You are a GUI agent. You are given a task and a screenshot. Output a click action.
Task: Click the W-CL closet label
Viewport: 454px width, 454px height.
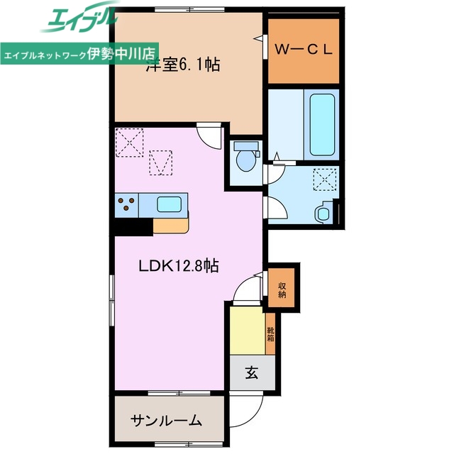(x=303, y=51)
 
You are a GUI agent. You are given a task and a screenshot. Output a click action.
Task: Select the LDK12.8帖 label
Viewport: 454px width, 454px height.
(x=178, y=266)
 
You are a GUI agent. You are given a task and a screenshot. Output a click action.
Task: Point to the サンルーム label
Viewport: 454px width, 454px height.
(x=166, y=420)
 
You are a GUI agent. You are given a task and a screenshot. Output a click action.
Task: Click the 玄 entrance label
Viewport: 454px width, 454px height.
(x=252, y=372)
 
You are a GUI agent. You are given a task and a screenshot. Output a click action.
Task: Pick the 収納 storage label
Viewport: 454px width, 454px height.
(x=282, y=289)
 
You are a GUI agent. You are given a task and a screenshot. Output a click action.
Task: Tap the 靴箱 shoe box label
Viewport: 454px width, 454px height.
(x=270, y=333)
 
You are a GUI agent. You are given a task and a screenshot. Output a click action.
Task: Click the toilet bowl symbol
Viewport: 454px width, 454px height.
(x=246, y=157)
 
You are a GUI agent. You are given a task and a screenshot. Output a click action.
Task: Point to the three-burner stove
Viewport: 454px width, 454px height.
(x=127, y=204)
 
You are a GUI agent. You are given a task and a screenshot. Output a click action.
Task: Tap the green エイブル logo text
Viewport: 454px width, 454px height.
(x=79, y=20)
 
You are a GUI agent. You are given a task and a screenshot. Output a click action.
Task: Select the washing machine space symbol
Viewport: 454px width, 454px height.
(x=326, y=180)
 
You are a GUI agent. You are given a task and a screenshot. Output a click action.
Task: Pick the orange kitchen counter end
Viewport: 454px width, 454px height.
(x=172, y=225)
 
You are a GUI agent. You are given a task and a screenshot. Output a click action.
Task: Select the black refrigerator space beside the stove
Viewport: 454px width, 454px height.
(x=131, y=226)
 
